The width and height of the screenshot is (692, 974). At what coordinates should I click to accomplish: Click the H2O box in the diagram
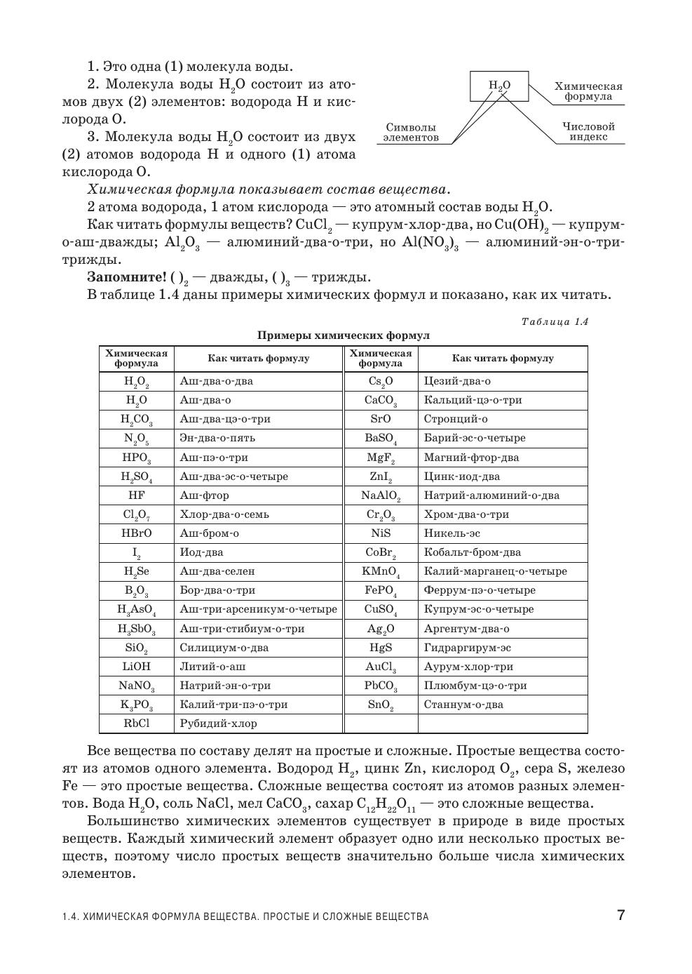(x=499, y=86)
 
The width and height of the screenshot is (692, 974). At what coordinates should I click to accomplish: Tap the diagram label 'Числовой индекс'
(x=588, y=132)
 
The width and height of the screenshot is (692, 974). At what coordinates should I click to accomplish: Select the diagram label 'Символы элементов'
(x=411, y=133)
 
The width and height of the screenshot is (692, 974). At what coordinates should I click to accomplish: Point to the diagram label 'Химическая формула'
(x=588, y=91)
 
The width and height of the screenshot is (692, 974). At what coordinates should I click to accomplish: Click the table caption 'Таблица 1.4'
(x=555, y=321)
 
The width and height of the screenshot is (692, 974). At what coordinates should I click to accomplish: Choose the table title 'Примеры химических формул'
(x=343, y=335)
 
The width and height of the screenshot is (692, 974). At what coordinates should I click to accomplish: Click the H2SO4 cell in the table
(x=137, y=476)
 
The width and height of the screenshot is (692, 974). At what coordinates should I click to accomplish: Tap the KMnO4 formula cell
(x=381, y=571)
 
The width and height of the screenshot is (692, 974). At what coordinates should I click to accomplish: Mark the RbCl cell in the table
(x=137, y=723)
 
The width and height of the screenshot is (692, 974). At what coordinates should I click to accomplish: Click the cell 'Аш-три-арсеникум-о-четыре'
(x=258, y=609)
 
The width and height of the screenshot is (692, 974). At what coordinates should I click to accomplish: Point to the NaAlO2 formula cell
(x=381, y=495)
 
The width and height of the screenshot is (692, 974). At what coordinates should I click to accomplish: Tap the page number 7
(x=620, y=915)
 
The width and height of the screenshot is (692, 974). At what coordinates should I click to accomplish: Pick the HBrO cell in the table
(x=137, y=533)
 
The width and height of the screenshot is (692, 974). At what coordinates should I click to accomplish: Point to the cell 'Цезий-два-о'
(x=457, y=381)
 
